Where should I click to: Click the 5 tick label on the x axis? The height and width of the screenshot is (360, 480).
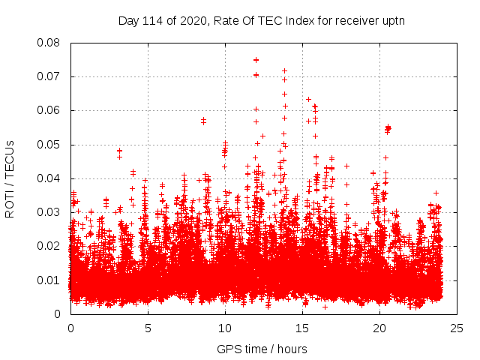click(x=148, y=328)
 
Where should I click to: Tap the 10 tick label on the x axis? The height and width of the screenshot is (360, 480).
click(x=225, y=328)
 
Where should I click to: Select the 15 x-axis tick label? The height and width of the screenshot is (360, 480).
click(x=302, y=328)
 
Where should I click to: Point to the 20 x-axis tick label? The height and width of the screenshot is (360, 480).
click(x=379, y=328)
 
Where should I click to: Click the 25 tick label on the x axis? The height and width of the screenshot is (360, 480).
click(x=457, y=328)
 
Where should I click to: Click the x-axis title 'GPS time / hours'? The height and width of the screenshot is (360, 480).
click(x=262, y=349)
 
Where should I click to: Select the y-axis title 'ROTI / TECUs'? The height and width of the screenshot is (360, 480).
click(x=10, y=178)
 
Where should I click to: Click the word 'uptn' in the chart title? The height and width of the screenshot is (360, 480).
click(x=393, y=20)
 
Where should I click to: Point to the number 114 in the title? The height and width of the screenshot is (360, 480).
click(x=154, y=20)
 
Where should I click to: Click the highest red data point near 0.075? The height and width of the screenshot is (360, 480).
click(x=256, y=60)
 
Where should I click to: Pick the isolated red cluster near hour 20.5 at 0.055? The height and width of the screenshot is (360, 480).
click(x=388, y=129)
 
